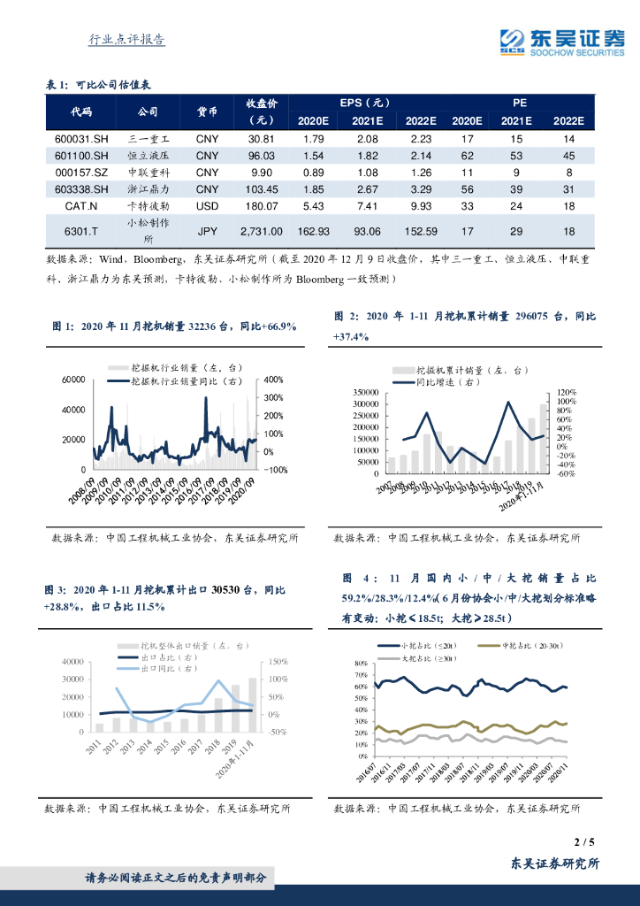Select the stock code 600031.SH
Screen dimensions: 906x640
pos(81,140)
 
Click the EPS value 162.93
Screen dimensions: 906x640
pos(315,231)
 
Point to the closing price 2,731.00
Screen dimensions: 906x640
pos(262,231)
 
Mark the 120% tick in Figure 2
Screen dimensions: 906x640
pos(567,393)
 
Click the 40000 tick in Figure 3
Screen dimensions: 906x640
pos(71,662)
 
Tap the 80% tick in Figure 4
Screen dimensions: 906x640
pos(361,664)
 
